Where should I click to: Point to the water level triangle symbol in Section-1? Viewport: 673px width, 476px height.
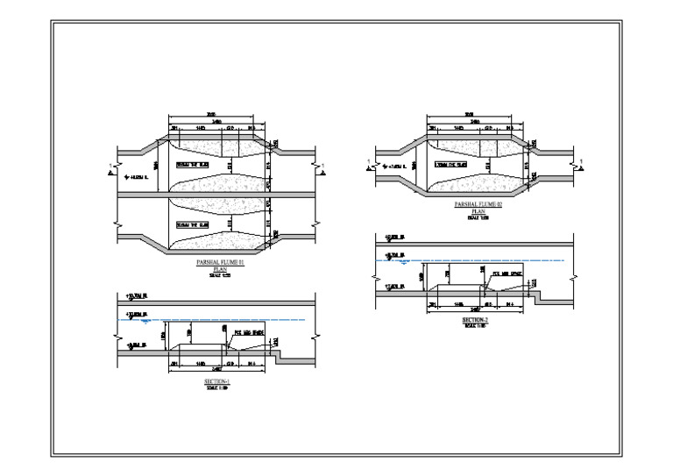pos(133,322)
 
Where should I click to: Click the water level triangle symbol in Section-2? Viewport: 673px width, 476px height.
pos(402,261)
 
